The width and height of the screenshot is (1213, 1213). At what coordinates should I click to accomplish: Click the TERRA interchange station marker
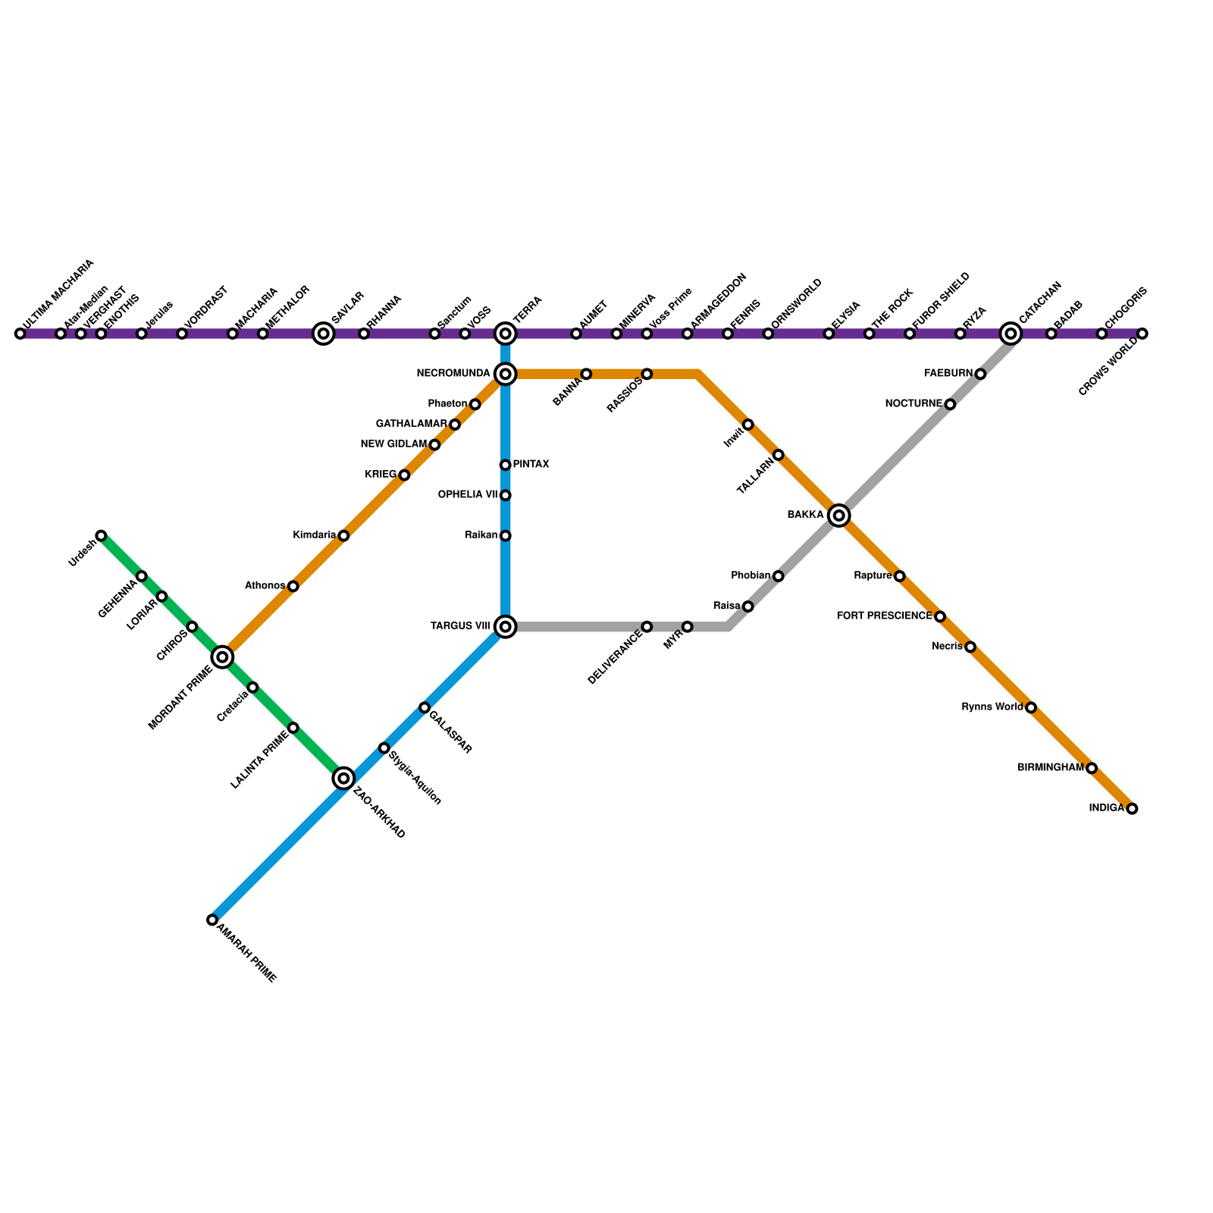505,334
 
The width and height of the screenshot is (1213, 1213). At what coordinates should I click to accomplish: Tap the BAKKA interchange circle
838,516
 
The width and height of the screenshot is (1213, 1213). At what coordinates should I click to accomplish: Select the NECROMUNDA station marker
505,374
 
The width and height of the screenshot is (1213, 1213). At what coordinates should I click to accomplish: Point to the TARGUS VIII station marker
505,626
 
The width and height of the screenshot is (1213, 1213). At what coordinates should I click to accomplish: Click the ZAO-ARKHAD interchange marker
343,778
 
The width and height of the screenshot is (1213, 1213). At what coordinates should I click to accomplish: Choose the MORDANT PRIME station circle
222,657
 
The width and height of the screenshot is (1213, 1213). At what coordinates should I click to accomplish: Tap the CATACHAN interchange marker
1010,334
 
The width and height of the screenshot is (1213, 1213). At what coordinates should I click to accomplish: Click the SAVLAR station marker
324,334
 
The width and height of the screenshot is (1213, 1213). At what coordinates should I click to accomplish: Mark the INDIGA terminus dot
1132,809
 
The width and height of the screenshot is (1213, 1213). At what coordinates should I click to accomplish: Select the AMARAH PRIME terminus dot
212,920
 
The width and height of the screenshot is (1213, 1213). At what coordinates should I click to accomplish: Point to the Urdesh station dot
101,536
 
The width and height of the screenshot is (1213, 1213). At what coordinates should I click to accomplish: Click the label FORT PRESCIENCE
884,616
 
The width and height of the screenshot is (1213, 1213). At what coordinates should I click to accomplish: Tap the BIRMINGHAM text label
1050,767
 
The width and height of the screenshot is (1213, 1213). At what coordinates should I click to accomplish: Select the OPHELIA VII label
468,494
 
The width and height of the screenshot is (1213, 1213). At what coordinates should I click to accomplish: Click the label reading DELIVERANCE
615,657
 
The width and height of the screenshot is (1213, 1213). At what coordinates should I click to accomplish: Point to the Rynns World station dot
1030,707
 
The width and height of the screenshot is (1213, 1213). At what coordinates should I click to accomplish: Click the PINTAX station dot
505,465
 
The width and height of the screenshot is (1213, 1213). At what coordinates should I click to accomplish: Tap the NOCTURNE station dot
950,404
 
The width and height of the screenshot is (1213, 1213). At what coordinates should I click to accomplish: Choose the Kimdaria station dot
343,536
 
